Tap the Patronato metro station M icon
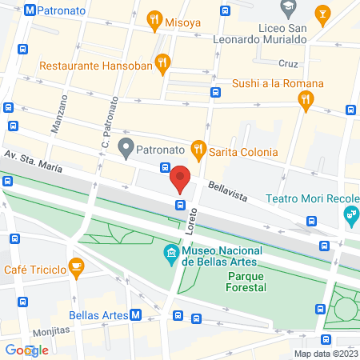click(x=30, y=11)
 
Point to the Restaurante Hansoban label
click(x=83, y=66)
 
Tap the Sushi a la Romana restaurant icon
click(x=305, y=99)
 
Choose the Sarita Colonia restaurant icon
click(x=196, y=150)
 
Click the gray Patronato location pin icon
click(x=125, y=148)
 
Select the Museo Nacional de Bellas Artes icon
click(x=170, y=255)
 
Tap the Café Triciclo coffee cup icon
click(x=76, y=266)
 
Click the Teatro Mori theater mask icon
click(x=350, y=214)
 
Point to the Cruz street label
click(x=288, y=62)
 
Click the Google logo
click(x=26, y=350)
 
